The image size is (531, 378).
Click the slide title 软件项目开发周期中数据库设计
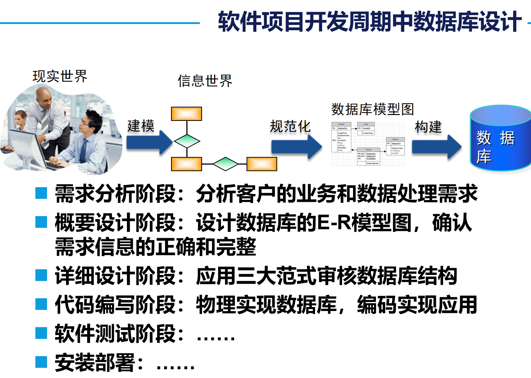[369, 22]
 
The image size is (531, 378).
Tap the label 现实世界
[60, 76]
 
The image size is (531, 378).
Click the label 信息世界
[205, 81]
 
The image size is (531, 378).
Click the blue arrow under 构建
[436, 146]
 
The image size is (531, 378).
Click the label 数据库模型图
[372, 109]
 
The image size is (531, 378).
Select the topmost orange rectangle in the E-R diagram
[186, 114]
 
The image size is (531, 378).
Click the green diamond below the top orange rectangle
[187, 141]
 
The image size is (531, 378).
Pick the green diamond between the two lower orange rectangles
[225, 164]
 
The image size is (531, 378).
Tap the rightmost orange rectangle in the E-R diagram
[261, 164]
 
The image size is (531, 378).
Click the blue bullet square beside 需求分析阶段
[41, 193]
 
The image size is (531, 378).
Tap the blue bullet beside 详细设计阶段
[41, 275]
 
